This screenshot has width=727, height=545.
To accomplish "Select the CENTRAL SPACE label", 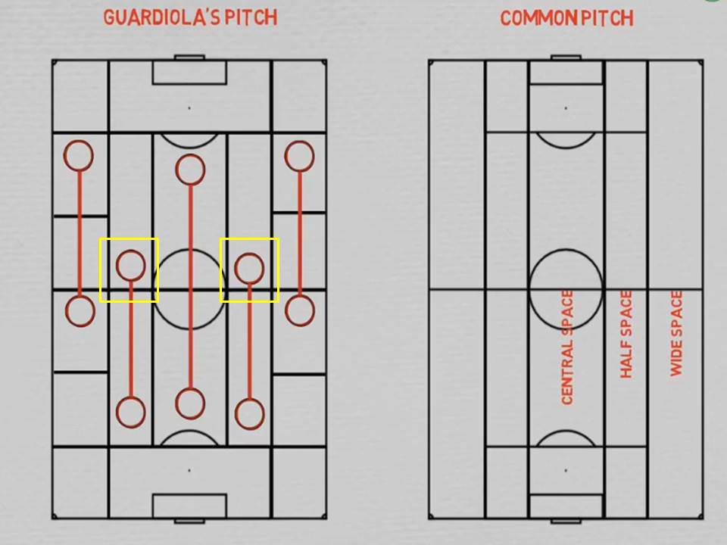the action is (567, 347).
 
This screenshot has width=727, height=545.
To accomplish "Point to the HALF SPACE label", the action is (626, 334).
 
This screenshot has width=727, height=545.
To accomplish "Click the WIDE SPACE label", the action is (676, 333).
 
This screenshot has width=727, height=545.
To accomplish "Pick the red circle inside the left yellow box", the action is (130, 265).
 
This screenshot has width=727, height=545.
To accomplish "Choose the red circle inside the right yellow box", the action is (249, 267).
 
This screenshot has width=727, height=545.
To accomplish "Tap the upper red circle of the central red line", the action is (189, 170).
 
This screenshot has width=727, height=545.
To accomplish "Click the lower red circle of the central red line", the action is (189, 403).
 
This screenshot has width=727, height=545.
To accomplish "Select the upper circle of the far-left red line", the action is (78, 155).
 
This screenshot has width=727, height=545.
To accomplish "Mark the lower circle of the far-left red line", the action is (80, 311).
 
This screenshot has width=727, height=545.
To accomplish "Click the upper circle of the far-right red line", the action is (299, 157).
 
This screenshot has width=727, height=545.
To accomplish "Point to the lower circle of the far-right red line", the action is (300, 310).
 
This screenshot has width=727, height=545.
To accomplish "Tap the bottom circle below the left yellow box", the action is (130, 413).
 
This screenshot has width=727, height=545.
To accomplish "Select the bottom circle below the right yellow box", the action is (249, 414).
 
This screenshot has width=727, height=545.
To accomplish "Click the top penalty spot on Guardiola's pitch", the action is (189, 108).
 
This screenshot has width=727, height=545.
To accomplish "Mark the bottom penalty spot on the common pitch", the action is (566, 470).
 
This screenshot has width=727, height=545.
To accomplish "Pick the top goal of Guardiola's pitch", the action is (189, 57).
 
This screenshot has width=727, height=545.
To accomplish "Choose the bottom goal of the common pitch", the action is (566, 521).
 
